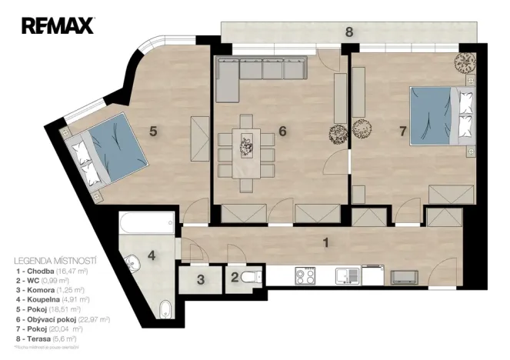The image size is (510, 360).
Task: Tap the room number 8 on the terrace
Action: click(349, 32)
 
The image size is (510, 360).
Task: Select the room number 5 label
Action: click(153, 131)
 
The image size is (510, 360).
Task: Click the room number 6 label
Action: click(282, 131)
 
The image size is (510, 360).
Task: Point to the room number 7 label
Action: click(402, 131)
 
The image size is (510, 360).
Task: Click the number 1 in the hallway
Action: click(326, 243)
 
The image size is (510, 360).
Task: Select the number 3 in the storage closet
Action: click(199, 280)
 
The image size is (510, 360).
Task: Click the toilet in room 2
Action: click(248, 278)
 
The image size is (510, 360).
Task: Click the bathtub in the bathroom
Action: click(147, 226)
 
